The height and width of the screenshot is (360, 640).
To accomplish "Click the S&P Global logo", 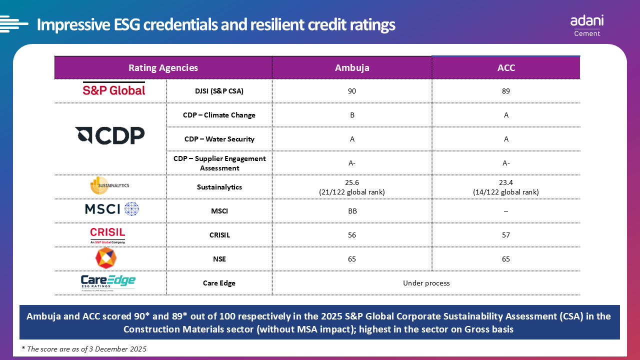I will [x=113, y=90].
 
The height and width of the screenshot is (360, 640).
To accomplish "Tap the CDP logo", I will [x=110, y=135].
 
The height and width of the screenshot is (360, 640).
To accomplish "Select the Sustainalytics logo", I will [x=109, y=185].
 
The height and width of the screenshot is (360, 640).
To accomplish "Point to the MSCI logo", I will [x=111, y=209].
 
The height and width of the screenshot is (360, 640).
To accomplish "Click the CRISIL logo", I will [x=107, y=235].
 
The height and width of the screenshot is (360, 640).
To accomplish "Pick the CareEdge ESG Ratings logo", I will [x=108, y=282].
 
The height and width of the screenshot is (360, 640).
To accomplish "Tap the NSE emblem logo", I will [x=106, y=258].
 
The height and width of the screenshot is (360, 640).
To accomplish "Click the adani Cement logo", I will [x=587, y=25].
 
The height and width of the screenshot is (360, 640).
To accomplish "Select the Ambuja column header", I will [x=352, y=68].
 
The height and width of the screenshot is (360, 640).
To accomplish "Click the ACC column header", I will [x=506, y=68].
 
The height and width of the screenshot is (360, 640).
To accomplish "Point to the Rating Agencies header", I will [x=163, y=68].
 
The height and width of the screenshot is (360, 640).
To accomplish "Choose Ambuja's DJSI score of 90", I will [x=352, y=91].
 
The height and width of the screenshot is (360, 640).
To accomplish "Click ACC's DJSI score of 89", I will [x=506, y=91].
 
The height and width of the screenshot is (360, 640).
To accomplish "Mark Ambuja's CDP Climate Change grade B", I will [x=352, y=115].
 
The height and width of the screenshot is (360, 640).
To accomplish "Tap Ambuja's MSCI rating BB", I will [x=352, y=211].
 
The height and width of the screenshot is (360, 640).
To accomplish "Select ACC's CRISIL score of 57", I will [x=506, y=235].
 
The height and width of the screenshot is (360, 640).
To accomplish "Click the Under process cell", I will [x=426, y=283].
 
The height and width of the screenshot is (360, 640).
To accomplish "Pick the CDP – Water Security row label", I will [x=219, y=139].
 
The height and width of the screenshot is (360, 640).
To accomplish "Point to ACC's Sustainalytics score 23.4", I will [x=506, y=183].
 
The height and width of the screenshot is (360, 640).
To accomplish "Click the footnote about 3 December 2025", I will [x=84, y=349].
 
